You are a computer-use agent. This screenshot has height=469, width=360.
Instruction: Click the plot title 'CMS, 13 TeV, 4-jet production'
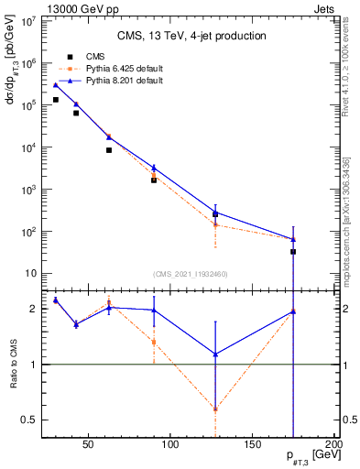(x=191, y=36)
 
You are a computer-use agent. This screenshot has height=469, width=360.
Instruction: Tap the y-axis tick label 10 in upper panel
(x=32, y=274)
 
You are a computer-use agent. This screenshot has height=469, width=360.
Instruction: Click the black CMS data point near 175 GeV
(x=293, y=251)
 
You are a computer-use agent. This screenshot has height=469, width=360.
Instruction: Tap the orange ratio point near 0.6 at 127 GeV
(x=215, y=409)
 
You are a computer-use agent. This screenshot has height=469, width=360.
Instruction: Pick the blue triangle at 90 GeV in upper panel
(x=154, y=168)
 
